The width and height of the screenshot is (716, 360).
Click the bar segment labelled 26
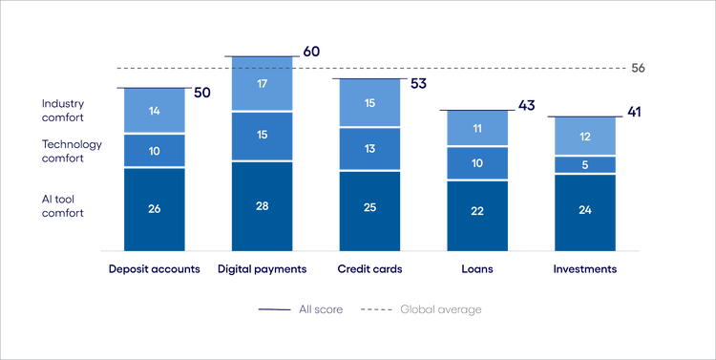click(154, 209)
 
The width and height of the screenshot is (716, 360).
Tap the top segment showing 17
click(261, 83)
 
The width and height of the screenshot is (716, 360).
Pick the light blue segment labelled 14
click(154, 111)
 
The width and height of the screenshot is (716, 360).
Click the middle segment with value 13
click(369, 148)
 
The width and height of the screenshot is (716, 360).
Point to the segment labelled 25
click(369, 210)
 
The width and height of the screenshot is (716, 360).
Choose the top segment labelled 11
click(476, 128)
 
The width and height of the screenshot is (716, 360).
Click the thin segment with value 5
click(584, 164)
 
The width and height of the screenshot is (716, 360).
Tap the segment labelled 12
click(584, 137)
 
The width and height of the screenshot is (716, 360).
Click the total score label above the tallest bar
click(309, 52)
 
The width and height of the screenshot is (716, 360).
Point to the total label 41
click(632, 114)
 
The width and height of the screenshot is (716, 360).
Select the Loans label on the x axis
click(476, 269)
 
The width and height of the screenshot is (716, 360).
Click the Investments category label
click(584, 269)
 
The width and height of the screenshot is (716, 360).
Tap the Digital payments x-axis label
click(261, 269)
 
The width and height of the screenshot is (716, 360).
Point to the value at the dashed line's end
click(639, 69)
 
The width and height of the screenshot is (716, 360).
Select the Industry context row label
click(63, 111)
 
